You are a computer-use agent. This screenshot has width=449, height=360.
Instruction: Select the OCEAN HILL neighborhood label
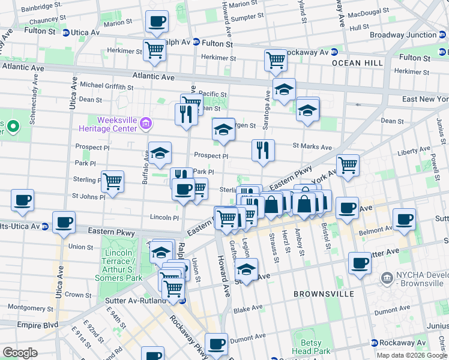coord(354,63)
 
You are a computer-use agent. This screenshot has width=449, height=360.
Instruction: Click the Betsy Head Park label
coord(311,346)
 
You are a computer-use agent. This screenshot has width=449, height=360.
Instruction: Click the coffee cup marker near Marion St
coord(157,22)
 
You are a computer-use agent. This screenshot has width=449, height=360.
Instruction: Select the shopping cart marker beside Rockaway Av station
coord(275,59)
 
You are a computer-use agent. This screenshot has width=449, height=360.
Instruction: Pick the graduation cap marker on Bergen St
coord(223,130)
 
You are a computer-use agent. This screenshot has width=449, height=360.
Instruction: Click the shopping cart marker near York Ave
coord(348,166)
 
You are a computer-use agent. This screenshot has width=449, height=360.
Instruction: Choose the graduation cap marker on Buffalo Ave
coord(160,154)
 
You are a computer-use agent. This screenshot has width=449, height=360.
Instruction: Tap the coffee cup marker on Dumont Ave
coord(216,344)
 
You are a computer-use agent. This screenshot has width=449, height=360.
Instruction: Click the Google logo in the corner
coord(20,352)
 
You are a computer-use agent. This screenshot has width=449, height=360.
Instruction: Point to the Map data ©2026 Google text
coord(411,355)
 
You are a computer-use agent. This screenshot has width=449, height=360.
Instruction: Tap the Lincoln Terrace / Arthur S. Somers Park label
coord(118,266)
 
